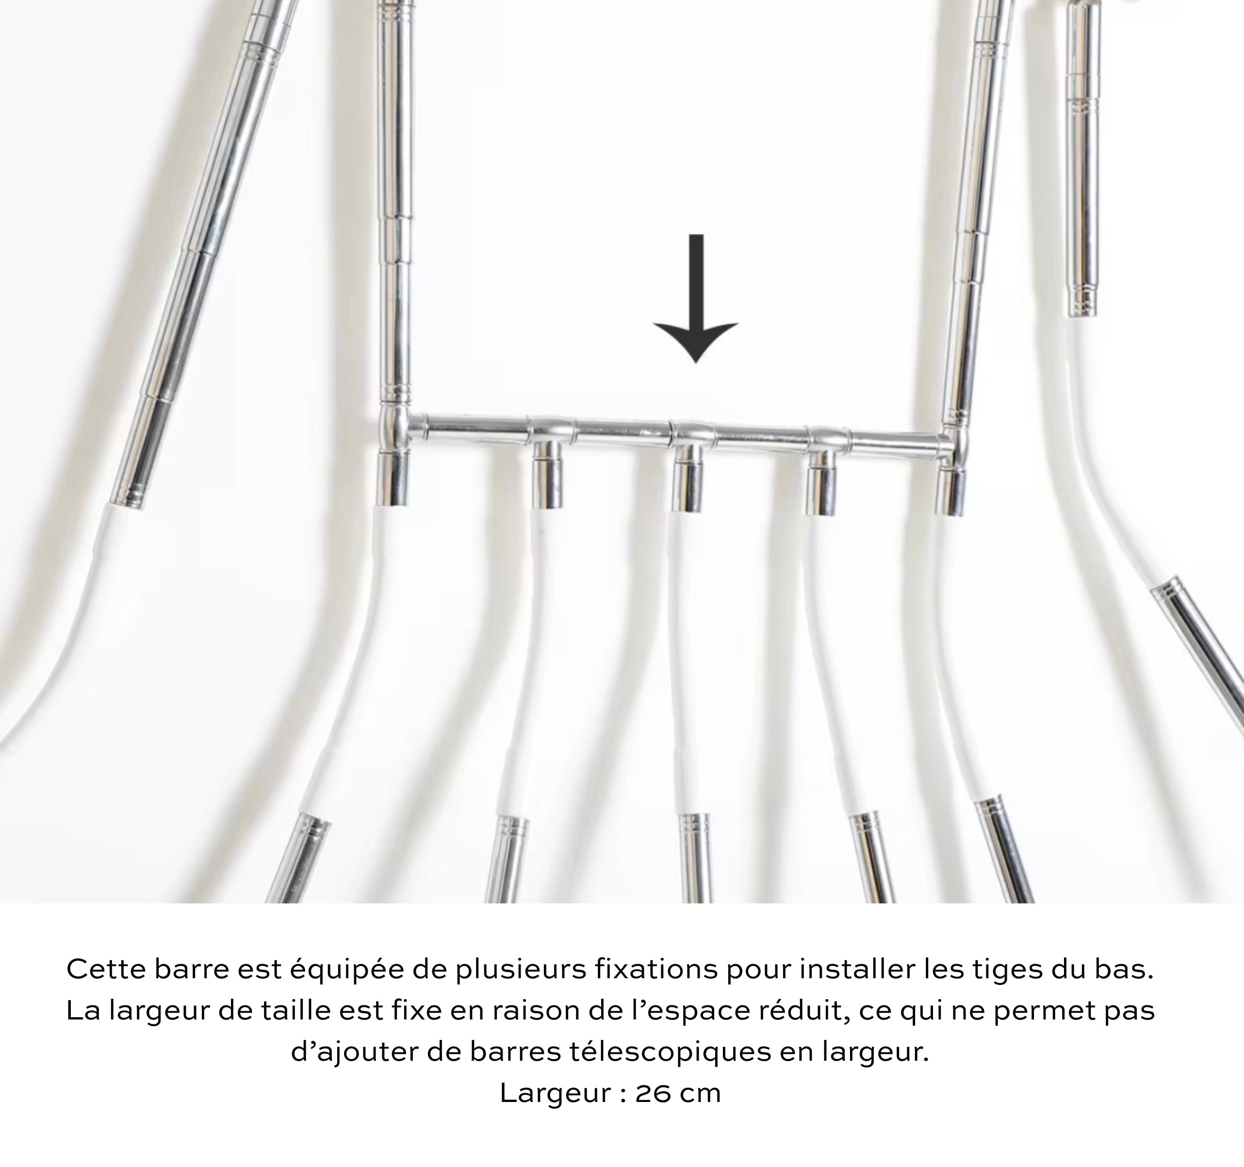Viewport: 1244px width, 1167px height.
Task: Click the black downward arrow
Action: pyautogui.click(x=696, y=298)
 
